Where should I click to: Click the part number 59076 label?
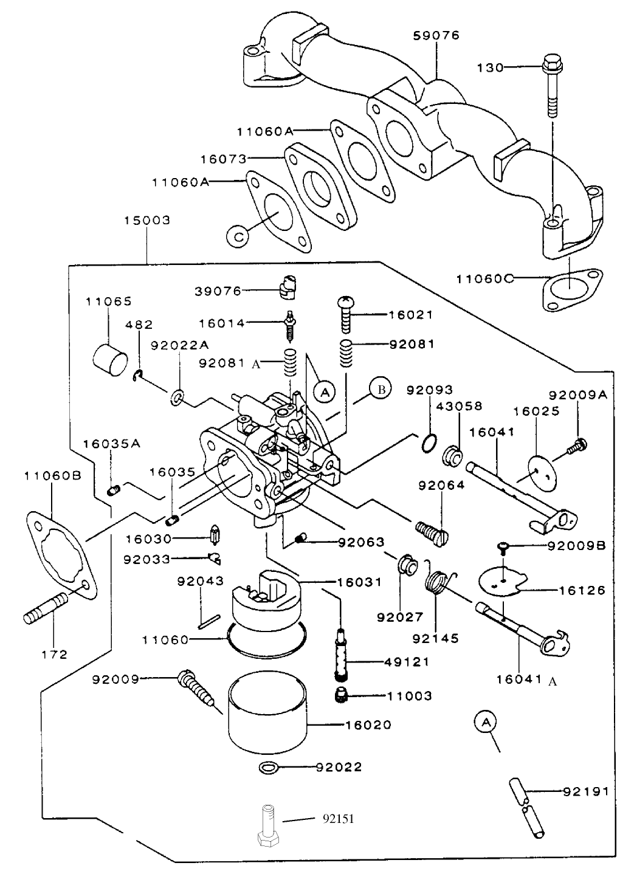coord(436,35)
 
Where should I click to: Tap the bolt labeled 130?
coord(551,85)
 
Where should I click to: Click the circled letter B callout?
coord(381,390)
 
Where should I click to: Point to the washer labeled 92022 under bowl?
coord(269,767)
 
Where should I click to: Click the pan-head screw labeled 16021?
coord(344,314)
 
